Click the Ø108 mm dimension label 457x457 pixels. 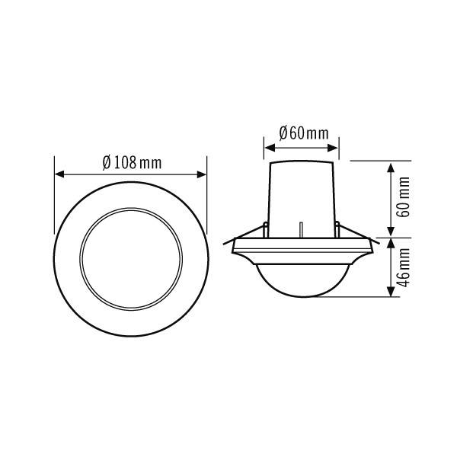coord(131,162)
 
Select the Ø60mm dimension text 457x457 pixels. coord(304,133)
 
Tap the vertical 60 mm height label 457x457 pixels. coord(404,197)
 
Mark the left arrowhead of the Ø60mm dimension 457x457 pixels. coord(268,145)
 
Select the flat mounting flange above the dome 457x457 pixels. coord(302,245)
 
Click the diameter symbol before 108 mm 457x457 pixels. coord(107,162)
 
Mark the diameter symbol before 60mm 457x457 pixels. coord(283,133)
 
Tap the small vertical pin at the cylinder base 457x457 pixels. coord(302,229)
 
